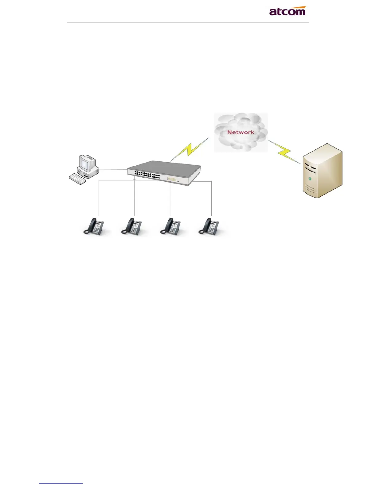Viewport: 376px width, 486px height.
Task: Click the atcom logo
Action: coord(287,11)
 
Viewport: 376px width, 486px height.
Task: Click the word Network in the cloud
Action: coord(241,132)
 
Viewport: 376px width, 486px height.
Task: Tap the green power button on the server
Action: coord(310,179)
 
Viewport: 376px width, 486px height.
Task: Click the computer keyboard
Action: coord(77,179)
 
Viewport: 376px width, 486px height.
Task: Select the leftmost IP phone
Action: coord(94,227)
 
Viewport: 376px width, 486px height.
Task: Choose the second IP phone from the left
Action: coord(131,227)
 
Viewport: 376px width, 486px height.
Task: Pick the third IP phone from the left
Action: coord(170,227)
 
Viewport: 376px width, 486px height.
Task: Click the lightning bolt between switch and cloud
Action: coord(190,149)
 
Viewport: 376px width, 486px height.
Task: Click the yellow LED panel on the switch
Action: coord(171,179)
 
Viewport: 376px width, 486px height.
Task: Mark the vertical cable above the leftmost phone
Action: coord(99,198)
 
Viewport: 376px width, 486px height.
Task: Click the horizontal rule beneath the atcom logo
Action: coord(188,22)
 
